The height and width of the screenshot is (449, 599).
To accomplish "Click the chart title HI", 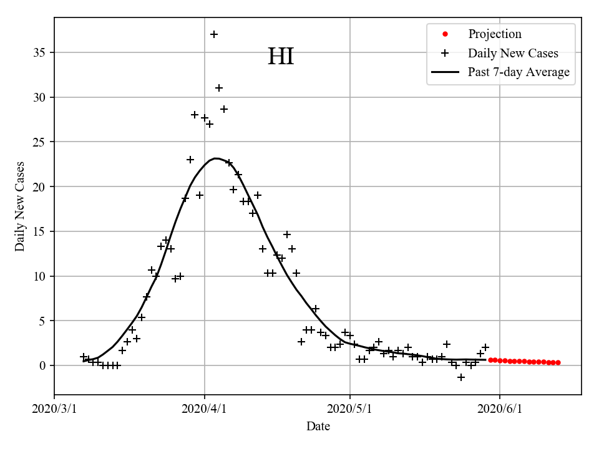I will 281,57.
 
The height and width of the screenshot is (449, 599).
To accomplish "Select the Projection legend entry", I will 494,34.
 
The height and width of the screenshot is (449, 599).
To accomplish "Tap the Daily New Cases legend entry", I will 512,54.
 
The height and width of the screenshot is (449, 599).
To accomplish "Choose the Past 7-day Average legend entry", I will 518,72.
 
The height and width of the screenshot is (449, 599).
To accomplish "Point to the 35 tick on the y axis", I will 44,52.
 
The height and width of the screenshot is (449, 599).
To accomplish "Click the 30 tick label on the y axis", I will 44,97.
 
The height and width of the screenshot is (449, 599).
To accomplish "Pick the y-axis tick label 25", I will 44,142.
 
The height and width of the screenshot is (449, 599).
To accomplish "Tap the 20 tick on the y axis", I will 44,187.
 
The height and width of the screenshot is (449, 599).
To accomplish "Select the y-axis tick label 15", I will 44,231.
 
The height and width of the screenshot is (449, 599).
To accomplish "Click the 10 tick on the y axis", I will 44,276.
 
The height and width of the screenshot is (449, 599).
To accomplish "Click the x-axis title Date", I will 318,427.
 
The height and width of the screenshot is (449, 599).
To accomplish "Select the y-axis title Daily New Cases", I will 21,206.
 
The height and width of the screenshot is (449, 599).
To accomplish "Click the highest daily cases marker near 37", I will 214,34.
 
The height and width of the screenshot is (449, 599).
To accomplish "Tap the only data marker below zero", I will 461,377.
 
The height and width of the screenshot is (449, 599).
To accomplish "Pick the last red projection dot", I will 558,362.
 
